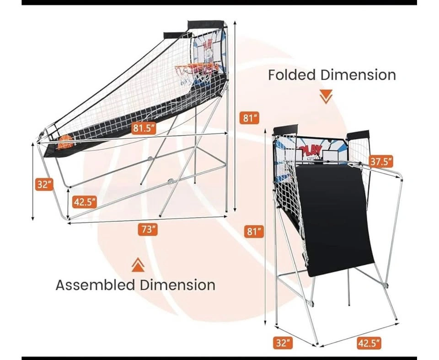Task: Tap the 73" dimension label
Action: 148,230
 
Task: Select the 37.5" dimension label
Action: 381,161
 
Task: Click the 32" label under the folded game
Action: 283,343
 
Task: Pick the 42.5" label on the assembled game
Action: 84,201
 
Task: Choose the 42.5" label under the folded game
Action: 369,343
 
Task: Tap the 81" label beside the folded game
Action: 254,232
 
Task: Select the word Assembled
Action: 96,285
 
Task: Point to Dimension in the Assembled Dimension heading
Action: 177,285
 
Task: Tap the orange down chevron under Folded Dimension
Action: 326,96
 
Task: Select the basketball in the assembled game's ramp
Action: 66,142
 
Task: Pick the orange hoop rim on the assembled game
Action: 196,68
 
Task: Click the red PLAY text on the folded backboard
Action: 311,151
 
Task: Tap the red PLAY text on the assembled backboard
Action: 208,45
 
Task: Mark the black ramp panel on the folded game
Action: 335,220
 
